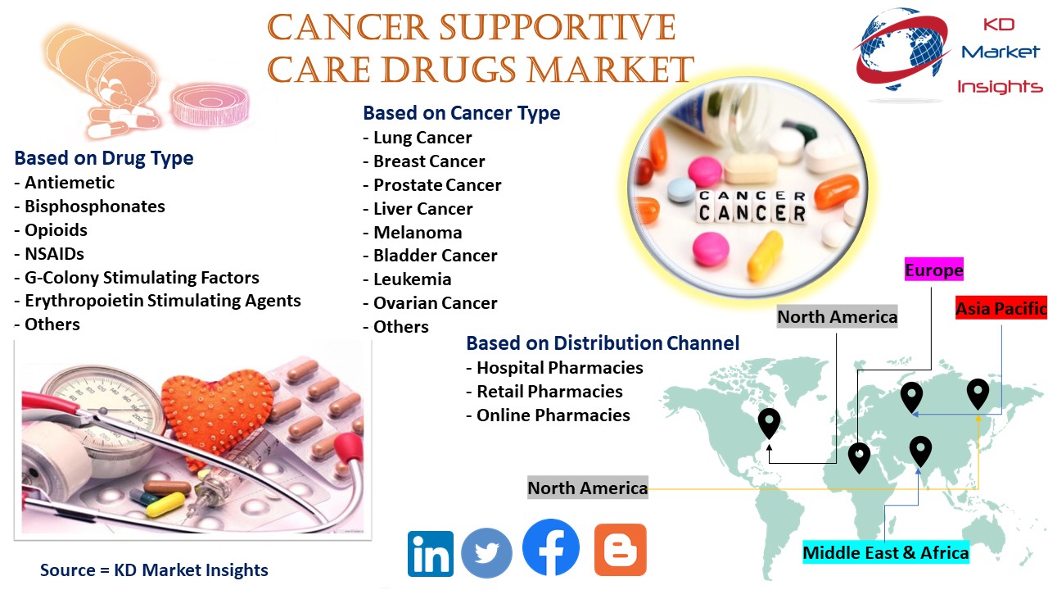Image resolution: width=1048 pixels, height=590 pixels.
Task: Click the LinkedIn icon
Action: pos(431,553)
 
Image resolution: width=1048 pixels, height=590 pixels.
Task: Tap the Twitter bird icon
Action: pos(486,553)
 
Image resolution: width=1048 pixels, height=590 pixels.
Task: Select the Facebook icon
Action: pos(551,547)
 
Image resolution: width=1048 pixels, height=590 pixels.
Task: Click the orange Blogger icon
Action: pos(621,550)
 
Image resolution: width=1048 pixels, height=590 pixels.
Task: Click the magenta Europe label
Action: pos(934,270)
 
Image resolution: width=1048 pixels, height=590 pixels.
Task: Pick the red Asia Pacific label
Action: pos(1001,308)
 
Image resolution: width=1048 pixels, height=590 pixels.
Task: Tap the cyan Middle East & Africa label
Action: pos(886,552)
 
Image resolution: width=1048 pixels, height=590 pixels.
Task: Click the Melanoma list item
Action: pos(413,232)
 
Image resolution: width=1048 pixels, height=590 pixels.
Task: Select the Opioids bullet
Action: pos(51,230)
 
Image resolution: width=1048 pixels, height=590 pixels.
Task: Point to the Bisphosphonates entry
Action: pos(90,206)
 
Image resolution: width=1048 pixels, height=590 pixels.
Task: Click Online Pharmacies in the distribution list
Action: pos(549,415)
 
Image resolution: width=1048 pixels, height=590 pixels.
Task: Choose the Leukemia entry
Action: pos(408,279)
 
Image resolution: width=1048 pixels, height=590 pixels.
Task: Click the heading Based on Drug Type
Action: pos(104,158)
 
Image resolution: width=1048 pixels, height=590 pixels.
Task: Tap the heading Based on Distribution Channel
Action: pos(603,343)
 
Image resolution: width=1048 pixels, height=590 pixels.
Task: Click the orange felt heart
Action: pos(217,412)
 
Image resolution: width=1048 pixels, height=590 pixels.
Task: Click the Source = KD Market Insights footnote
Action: pos(154,570)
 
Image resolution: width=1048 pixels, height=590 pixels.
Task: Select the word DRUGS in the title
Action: pos(449,70)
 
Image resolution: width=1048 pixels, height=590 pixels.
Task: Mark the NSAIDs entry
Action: pos(49,254)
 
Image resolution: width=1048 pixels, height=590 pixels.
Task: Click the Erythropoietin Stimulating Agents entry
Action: pos(158,301)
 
